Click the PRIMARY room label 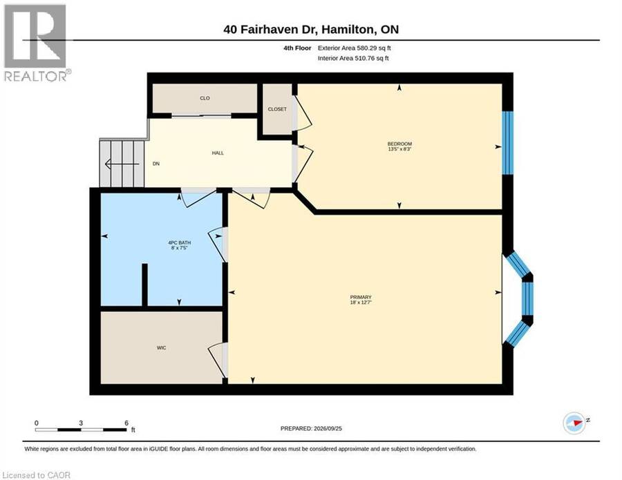(x=361, y=297)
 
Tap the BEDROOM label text (x=399, y=144)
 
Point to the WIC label (x=161, y=347)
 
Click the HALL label (x=218, y=153)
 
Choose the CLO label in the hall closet (x=205, y=98)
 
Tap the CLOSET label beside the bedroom (x=277, y=109)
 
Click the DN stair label (x=156, y=163)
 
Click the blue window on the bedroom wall (x=508, y=143)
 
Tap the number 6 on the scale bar (x=126, y=423)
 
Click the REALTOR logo (x=36, y=43)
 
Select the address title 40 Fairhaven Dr (x=270, y=29)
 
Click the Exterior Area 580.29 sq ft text (x=355, y=48)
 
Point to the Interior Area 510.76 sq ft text (x=353, y=58)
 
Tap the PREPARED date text (x=311, y=428)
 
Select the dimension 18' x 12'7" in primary (x=361, y=302)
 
